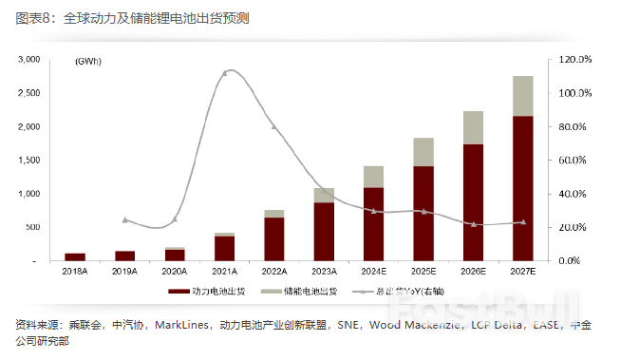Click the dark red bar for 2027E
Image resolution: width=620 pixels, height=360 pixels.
[522, 188]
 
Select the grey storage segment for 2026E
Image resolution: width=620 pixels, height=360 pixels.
[473, 128]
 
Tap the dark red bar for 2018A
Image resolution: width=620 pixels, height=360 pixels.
[75, 256]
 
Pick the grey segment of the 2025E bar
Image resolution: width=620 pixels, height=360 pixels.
[423, 152]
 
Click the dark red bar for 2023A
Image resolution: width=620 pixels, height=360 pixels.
[324, 231]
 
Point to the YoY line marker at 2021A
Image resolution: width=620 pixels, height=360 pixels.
[225, 72]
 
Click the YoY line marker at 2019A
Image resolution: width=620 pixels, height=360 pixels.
[125, 219]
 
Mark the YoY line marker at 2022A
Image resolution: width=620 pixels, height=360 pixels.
[274, 126]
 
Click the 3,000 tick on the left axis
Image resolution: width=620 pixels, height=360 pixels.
[28, 59]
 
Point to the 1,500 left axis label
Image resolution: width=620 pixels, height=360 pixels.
[28, 160]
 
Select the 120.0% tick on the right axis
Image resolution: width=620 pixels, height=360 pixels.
[575, 59]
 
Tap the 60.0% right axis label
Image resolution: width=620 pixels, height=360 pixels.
[575, 160]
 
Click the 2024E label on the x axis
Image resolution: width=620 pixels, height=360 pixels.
[373, 271]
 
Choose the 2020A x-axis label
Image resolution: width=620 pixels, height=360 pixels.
[175, 271]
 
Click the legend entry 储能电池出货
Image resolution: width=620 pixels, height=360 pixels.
[312, 291]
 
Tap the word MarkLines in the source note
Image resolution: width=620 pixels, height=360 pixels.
[175, 325]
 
